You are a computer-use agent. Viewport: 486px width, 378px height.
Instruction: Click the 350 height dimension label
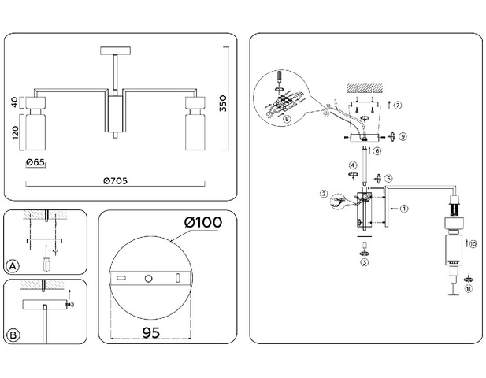[x=223, y=103]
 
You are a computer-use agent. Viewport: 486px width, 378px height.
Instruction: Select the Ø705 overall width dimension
[x=115, y=180]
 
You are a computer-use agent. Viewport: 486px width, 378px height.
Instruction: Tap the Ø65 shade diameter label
[x=35, y=162]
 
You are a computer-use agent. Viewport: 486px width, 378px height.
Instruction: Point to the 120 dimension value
[x=16, y=132]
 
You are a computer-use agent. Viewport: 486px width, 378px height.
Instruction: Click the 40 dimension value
[x=15, y=102]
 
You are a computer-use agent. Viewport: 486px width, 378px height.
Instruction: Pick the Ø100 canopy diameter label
[x=203, y=222]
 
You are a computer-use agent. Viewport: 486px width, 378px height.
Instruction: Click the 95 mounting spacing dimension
[x=151, y=332]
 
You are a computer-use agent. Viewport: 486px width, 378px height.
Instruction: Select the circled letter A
[x=13, y=266]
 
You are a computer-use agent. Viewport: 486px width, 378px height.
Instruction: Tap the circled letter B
[x=13, y=335]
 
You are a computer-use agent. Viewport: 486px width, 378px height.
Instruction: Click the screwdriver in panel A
[x=46, y=260]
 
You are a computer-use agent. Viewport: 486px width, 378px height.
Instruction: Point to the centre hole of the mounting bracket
[x=148, y=278]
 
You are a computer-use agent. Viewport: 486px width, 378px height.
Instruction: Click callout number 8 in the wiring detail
[x=287, y=119]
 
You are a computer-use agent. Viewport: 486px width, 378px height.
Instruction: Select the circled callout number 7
[x=398, y=105]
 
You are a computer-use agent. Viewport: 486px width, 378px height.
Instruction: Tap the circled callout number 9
[x=403, y=136]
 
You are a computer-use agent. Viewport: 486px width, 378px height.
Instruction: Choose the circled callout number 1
[x=404, y=209]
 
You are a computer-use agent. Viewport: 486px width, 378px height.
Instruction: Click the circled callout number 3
[x=365, y=262]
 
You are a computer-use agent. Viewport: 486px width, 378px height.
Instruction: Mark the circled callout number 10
[x=473, y=244]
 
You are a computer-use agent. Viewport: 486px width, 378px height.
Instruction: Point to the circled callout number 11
[x=469, y=289]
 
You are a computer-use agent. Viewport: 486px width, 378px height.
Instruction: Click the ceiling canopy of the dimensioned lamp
[x=115, y=50]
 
